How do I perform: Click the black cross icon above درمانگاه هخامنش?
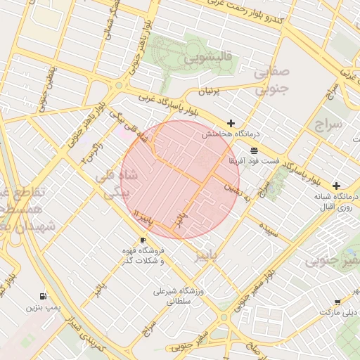coord(231,123)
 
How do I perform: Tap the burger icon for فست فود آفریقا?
coord(253,150)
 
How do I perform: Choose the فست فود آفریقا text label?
coord(254,161)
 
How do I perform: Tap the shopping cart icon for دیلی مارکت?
coord(337,302)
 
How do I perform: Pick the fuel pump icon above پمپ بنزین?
coord(44,297)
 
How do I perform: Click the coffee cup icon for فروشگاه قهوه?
coord(143,240)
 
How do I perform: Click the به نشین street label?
coord(237,188)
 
